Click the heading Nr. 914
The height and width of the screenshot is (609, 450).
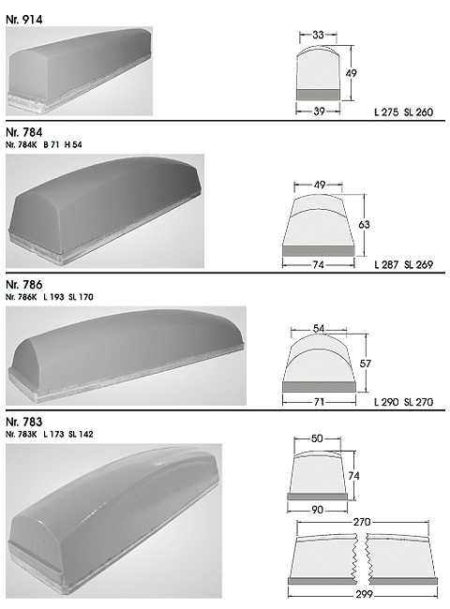[24, 20]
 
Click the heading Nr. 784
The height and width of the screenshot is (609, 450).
[24, 132]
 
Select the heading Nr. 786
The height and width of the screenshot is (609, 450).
[24, 285]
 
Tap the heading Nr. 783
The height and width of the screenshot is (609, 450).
[24, 422]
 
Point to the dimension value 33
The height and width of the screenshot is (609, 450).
[318, 35]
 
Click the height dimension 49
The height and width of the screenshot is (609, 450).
[352, 73]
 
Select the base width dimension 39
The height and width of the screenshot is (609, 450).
[319, 111]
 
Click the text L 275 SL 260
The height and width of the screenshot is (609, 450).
[403, 112]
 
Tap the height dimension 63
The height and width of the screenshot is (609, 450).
[364, 225]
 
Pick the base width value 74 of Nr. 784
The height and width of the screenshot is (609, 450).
[318, 265]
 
